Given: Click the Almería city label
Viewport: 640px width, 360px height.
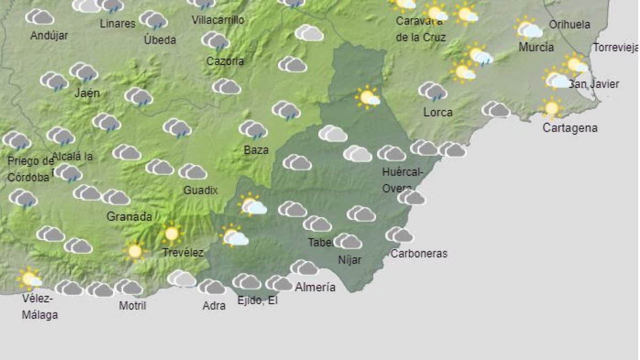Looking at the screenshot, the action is pyautogui.click(x=315, y=287).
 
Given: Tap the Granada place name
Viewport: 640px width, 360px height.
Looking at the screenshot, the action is pyautogui.click(x=130, y=217).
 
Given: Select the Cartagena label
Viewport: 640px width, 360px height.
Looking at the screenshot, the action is pyautogui.click(x=570, y=128).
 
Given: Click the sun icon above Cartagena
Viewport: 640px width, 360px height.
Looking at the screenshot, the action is pyautogui.click(x=551, y=108).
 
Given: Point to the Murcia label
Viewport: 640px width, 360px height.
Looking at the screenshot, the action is pyautogui.click(x=536, y=47).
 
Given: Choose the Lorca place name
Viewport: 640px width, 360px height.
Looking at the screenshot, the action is pyautogui.click(x=438, y=112).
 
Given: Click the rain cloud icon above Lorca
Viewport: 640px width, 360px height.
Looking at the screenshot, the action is pyautogui.click(x=433, y=91).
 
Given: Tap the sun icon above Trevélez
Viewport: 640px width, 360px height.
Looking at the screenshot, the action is pyautogui.click(x=171, y=233).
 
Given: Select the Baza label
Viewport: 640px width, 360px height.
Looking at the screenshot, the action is pyautogui.click(x=256, y=150).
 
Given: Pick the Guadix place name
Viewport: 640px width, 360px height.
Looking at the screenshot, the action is pyautogui.click(x=201, y=190).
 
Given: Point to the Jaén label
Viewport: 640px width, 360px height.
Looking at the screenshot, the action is pyautogui.click(x=87, y=93).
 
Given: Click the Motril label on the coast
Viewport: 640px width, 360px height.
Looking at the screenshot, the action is pyautogui.click(x=132, y=306).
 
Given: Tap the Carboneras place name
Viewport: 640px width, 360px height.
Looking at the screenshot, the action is pyautogui.click(x=419, y=253).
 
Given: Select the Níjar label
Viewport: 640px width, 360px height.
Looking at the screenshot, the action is pyautogui.click(x=350, y=260).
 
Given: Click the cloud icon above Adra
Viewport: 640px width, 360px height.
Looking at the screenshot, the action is pyautogui.click(x=212, y=287).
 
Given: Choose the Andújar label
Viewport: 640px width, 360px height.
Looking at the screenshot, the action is pyautogui.click(x=49, y=36).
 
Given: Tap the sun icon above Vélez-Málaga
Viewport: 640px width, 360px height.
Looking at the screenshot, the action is pyautogui.click(x=29, y=278).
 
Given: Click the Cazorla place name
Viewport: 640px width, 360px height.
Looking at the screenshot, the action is pyautogui.click(x=225, y=61).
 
